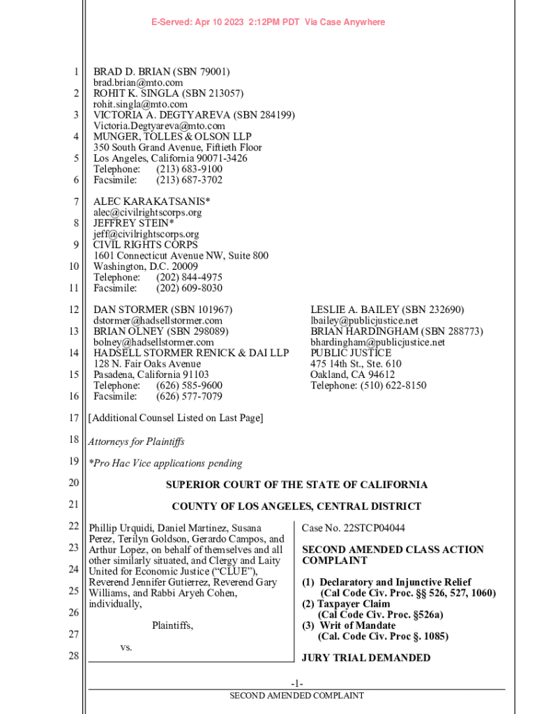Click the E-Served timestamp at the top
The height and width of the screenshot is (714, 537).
pyautogui.click(x=268, y=22)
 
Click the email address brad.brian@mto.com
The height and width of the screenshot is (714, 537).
pyautogui.click(x=138, y=83)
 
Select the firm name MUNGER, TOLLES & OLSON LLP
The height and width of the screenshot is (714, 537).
pyautogui.click(x=172, y=137)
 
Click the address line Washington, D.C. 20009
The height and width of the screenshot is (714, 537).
pyautogui.click(x=145, y=266)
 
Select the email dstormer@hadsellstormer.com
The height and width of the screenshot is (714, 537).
pyautogui.click(x=158, y=321)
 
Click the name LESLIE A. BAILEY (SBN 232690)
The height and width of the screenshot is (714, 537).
pyautogui.click(x=387, y=310)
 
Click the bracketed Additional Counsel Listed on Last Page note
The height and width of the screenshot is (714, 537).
pyautogui.click(x=176, y=418)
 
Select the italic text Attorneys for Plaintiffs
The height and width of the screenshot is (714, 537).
pyautogui.click(x=136, y=441)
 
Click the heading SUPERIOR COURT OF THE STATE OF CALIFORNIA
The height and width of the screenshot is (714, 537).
pyautogui.click(x=296, y=485)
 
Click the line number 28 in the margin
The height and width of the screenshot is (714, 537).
pyautogui.click(x=74, y=656)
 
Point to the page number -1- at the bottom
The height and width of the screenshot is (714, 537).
pyautogui.click(x=297, y=683)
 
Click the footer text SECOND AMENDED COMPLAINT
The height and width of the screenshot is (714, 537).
pyautogui.click(x=297, y=696)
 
